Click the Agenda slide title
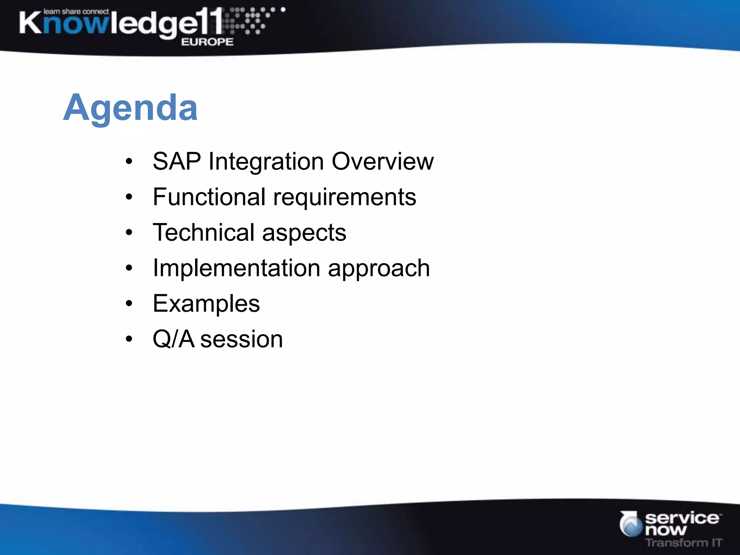130,108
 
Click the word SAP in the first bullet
177,161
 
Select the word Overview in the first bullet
383,161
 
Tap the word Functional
209,197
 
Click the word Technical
204,232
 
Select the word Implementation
236,268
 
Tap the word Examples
206,304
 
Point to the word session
241,340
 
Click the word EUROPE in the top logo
207,42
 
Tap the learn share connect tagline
76,12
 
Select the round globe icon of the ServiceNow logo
631,525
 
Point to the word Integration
266,162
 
